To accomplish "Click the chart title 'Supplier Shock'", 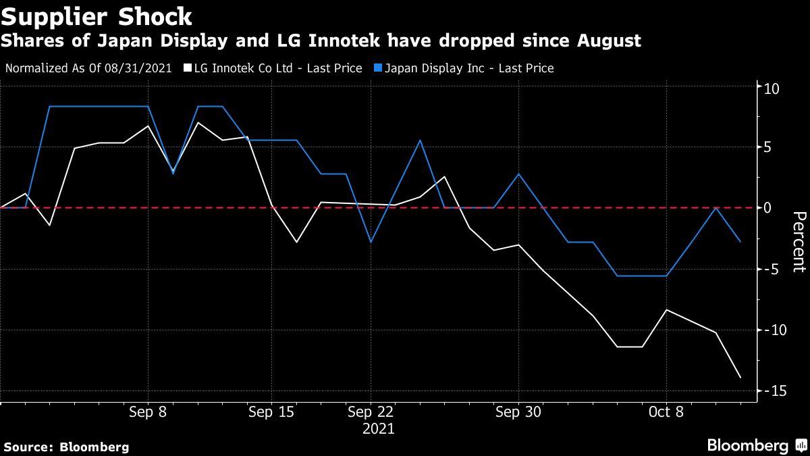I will click(x=97, y=15).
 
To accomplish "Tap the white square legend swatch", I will click(x=187, y=68).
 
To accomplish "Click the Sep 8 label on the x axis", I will click(x=148, y=412).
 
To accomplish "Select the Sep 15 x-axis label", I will click(x=271, y=412).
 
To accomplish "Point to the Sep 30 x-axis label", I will click(x=518, y=412).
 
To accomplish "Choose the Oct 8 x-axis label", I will click(x=666, y=412).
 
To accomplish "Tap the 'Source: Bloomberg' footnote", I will click(x=66, y=447).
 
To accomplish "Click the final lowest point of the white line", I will click(x=740, y=378).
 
